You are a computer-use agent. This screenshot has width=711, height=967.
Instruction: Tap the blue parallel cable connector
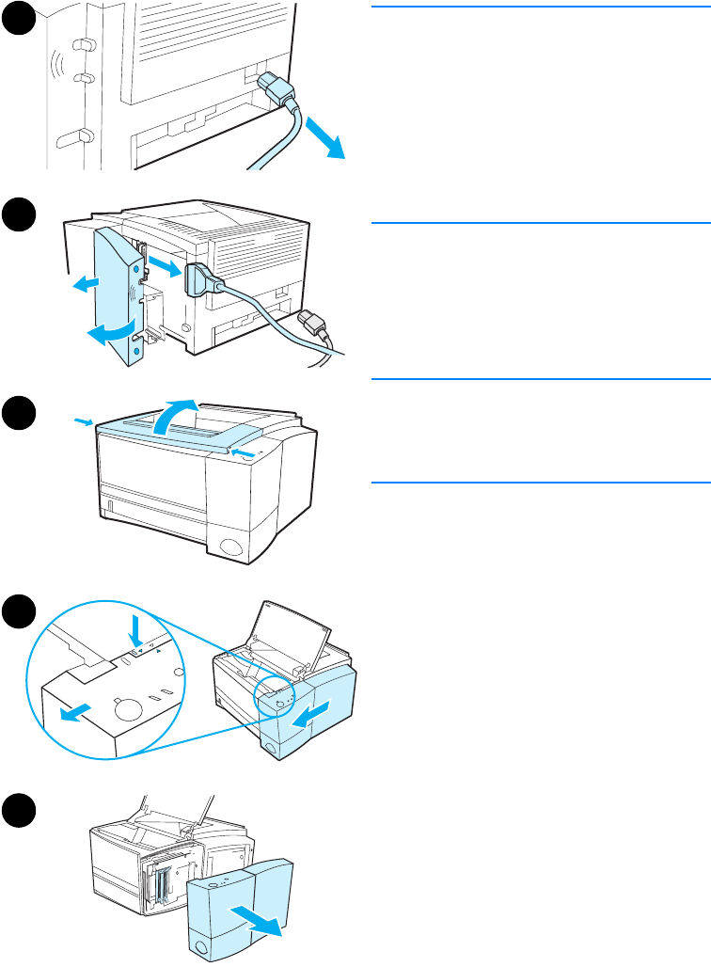201,281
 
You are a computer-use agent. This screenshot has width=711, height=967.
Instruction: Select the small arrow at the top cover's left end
83,423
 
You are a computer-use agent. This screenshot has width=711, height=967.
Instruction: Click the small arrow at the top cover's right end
244,454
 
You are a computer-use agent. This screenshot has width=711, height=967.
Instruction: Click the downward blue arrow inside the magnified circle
136,629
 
